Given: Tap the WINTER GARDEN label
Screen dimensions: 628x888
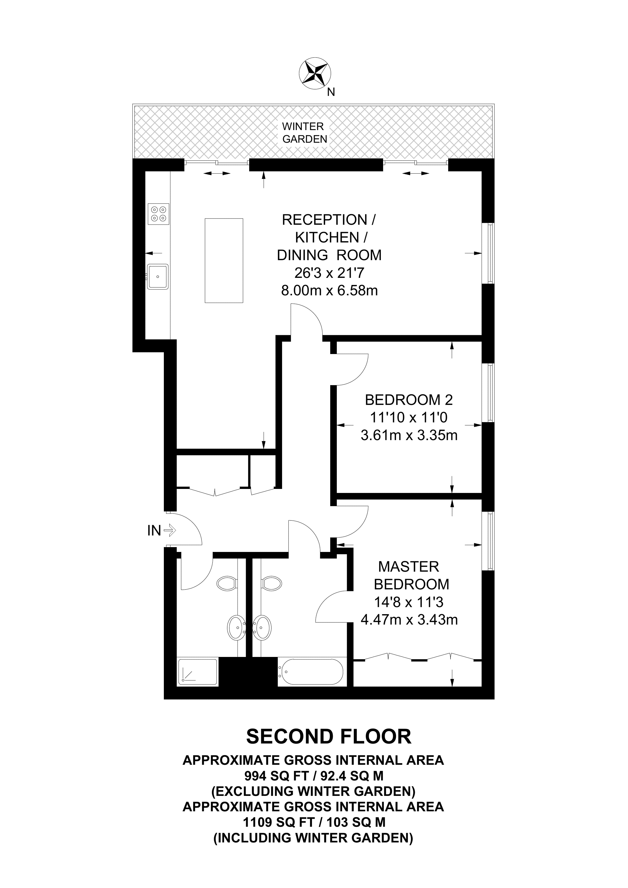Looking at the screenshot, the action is (305, 133).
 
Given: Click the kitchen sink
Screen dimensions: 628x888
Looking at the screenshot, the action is (158, 276).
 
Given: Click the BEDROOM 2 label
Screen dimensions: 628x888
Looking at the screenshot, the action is (408, 400).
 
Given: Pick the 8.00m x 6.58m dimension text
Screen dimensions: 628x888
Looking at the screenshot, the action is (329, 290).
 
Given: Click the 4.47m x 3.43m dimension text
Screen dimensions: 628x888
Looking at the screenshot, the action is (409, 620).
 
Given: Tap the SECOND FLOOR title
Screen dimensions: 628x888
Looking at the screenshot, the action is (329, 737).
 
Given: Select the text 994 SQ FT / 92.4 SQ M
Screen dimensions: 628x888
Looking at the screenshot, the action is (314, 775).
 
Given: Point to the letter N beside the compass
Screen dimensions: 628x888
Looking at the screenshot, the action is (331, 92).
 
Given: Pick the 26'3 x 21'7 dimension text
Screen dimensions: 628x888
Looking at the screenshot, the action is (329, 273).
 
